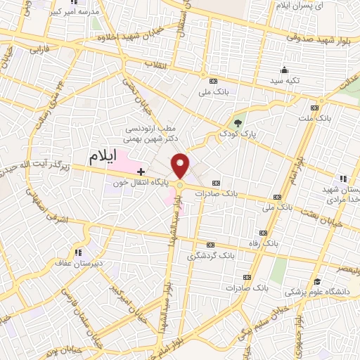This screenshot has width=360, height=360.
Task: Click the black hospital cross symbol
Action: [x=141, y=171]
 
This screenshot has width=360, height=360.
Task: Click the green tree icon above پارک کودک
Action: [x=239, y=122]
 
